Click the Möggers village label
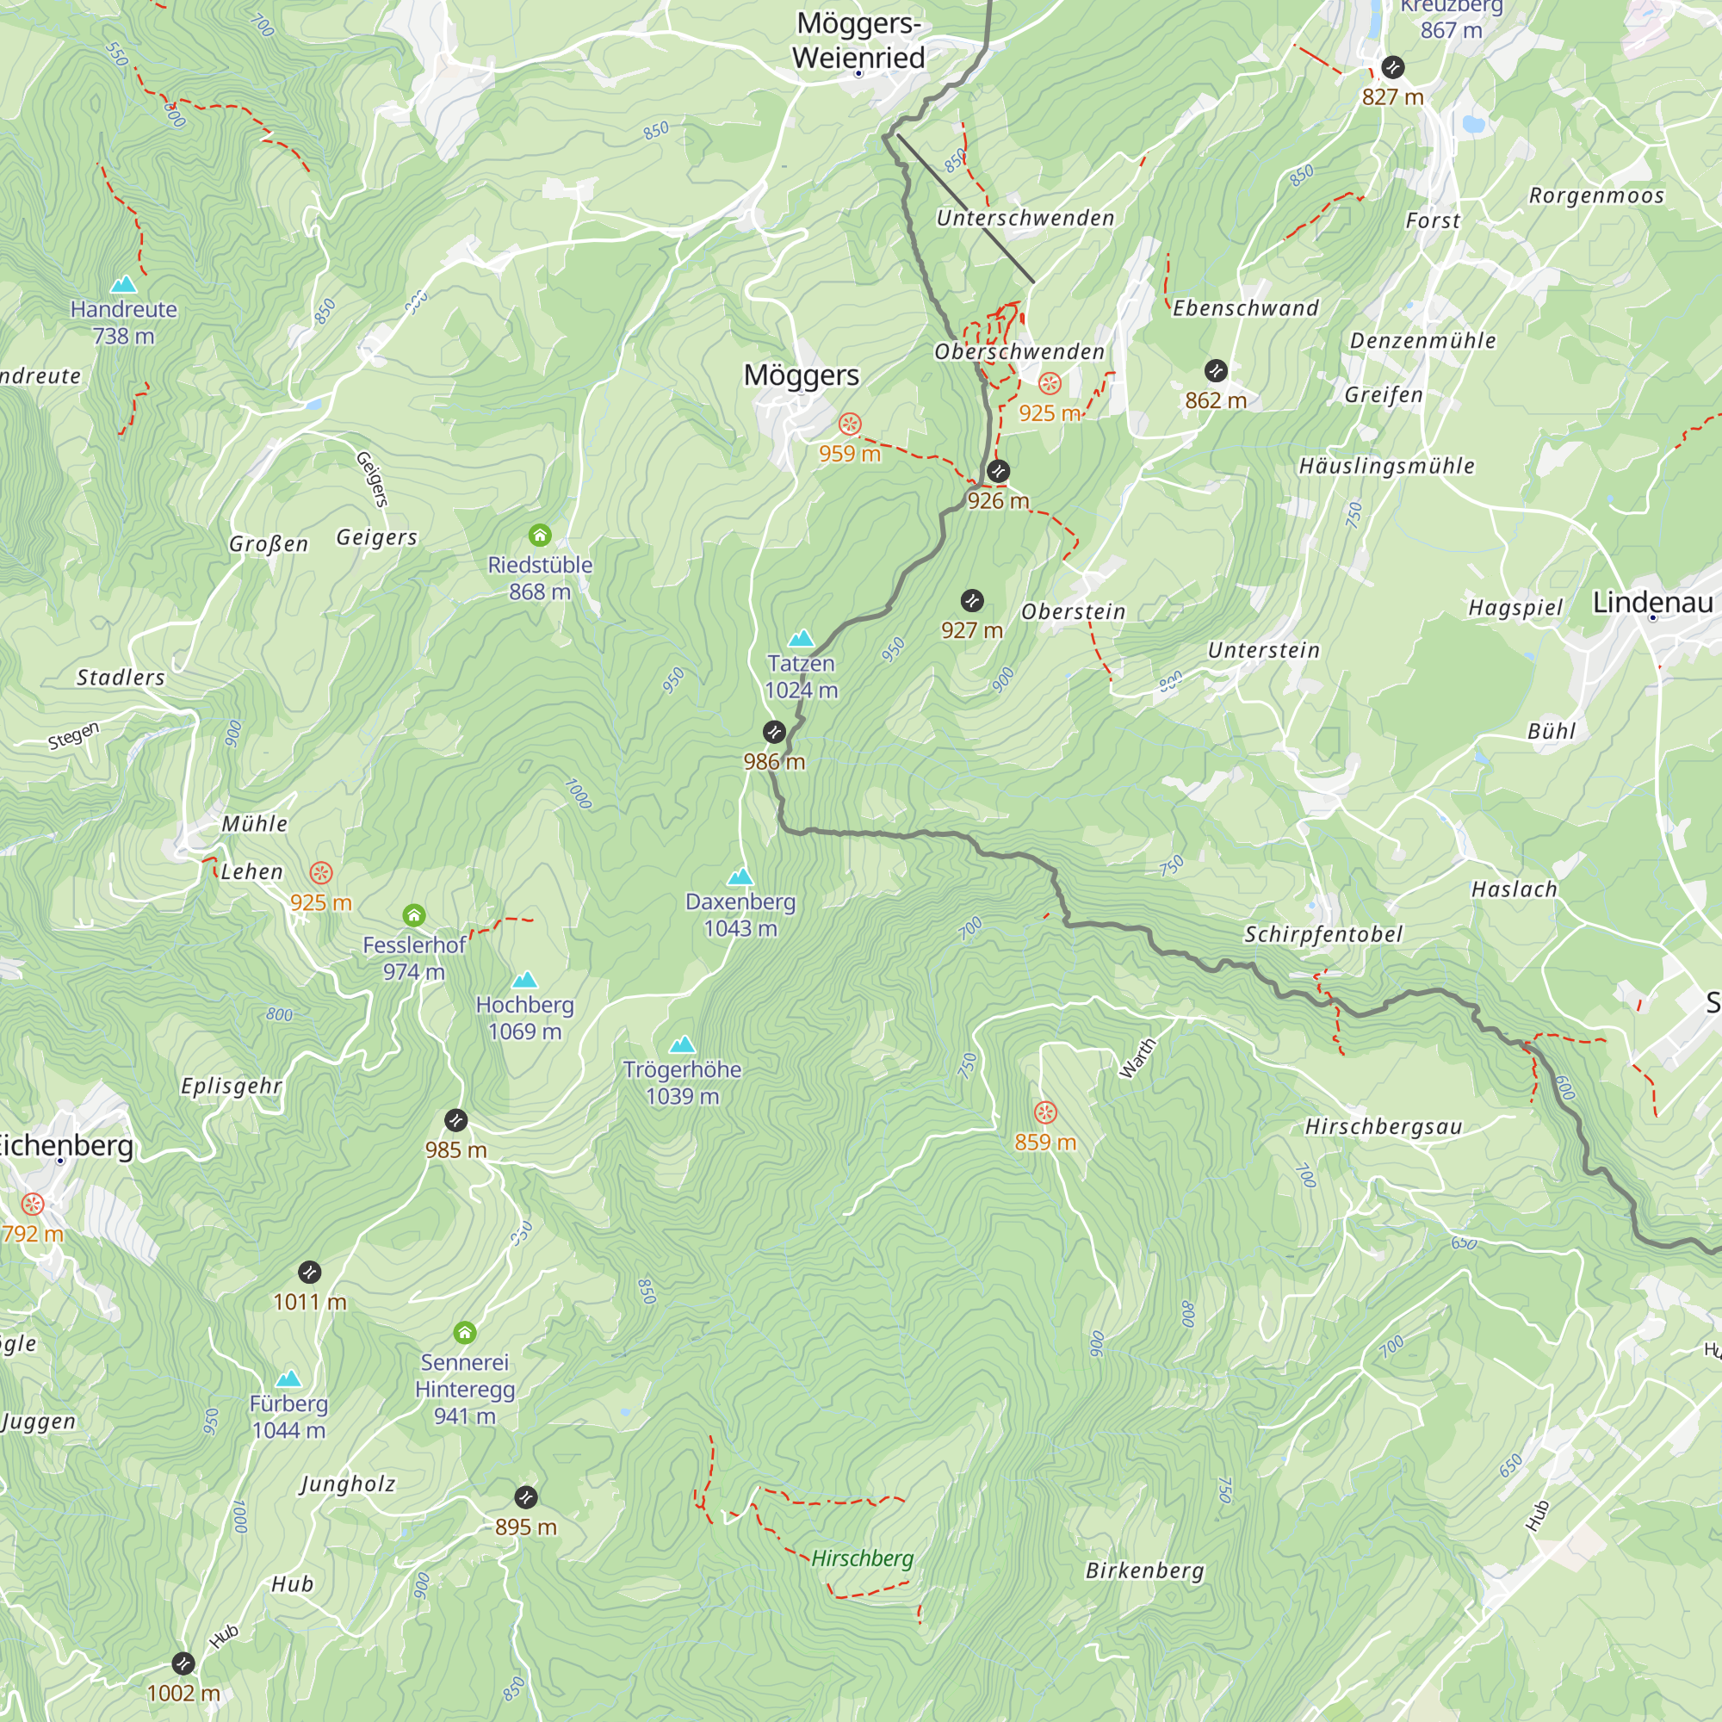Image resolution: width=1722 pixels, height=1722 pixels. pos(802,375)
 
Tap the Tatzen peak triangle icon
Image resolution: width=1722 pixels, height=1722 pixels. pos(802,638)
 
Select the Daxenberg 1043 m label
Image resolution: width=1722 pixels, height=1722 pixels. pos(740,915)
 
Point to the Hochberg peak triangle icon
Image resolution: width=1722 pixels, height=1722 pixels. pos(525,981)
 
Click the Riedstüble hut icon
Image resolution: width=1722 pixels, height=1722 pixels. pos(540,536)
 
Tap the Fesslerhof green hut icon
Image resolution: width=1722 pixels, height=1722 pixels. pos(413,915)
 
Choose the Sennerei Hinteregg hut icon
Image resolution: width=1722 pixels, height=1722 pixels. pos(464,1334)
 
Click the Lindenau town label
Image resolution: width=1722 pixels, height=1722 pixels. pos(1652,603)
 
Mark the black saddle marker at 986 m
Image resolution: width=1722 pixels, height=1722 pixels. pos(775,733)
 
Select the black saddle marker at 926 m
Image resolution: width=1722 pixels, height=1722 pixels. pos(998,472)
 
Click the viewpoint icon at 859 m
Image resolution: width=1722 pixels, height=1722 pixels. pos(1045,1112)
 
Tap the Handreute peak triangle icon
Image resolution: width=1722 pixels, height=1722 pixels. pos(124,285)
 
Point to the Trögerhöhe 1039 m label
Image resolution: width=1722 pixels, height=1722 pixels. pos(682,1083)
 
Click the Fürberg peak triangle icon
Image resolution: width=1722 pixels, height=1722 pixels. pos(288,1379)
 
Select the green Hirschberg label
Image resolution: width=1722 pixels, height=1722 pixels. pos(862,1558)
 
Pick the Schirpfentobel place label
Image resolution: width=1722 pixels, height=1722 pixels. pos(1322,934)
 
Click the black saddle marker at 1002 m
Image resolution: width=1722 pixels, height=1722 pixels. pos(183,1663)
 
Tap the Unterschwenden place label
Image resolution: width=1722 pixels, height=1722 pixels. pos(1025,219)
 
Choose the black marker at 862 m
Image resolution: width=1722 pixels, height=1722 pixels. pos(1216,371)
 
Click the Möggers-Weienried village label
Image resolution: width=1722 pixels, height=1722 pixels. pos(858,41)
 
